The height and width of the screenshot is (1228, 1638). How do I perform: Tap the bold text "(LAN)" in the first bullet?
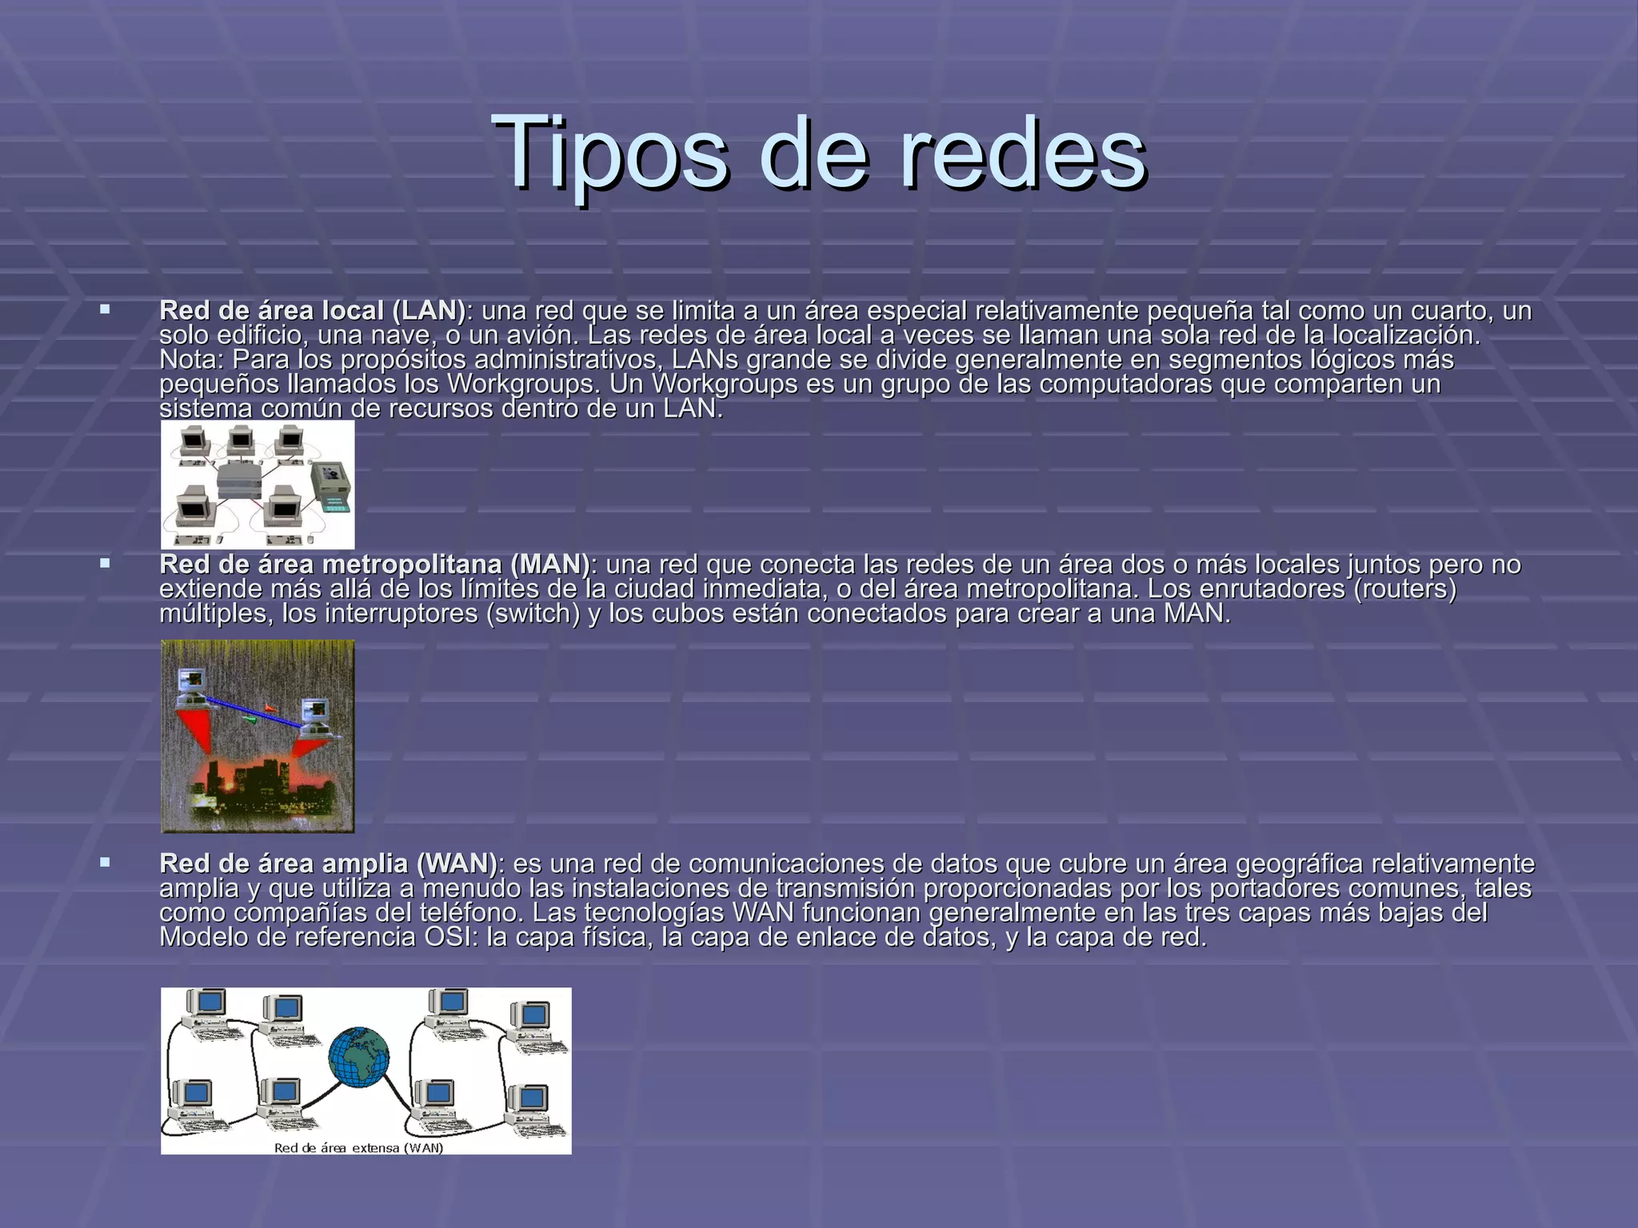click(x=429, y=310)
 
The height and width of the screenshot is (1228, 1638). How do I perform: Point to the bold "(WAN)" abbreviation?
click(x=456, y=863)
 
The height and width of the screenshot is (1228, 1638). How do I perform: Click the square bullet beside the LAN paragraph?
click(x=105, y=309)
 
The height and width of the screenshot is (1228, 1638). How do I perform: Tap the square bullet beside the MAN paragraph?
click(x=105, y=563)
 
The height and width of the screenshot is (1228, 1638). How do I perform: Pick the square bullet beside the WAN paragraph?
click(x=105, y=862)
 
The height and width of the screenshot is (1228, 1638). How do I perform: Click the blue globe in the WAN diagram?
click(x=359, y=1057)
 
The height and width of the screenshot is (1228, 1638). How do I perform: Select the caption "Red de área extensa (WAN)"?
click(x=358, y=1148)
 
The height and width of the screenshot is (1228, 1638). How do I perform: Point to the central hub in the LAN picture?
click(x=238, y=480)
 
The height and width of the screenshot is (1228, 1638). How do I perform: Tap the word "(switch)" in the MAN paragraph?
click(x=533, y=614)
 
